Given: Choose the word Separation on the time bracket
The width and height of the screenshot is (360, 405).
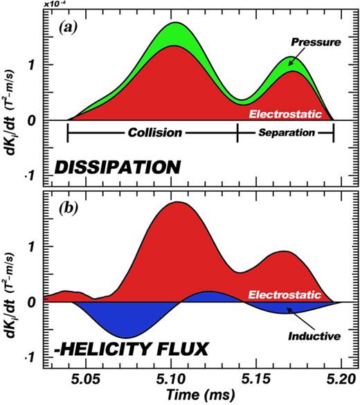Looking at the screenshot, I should tap(286, 130).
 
